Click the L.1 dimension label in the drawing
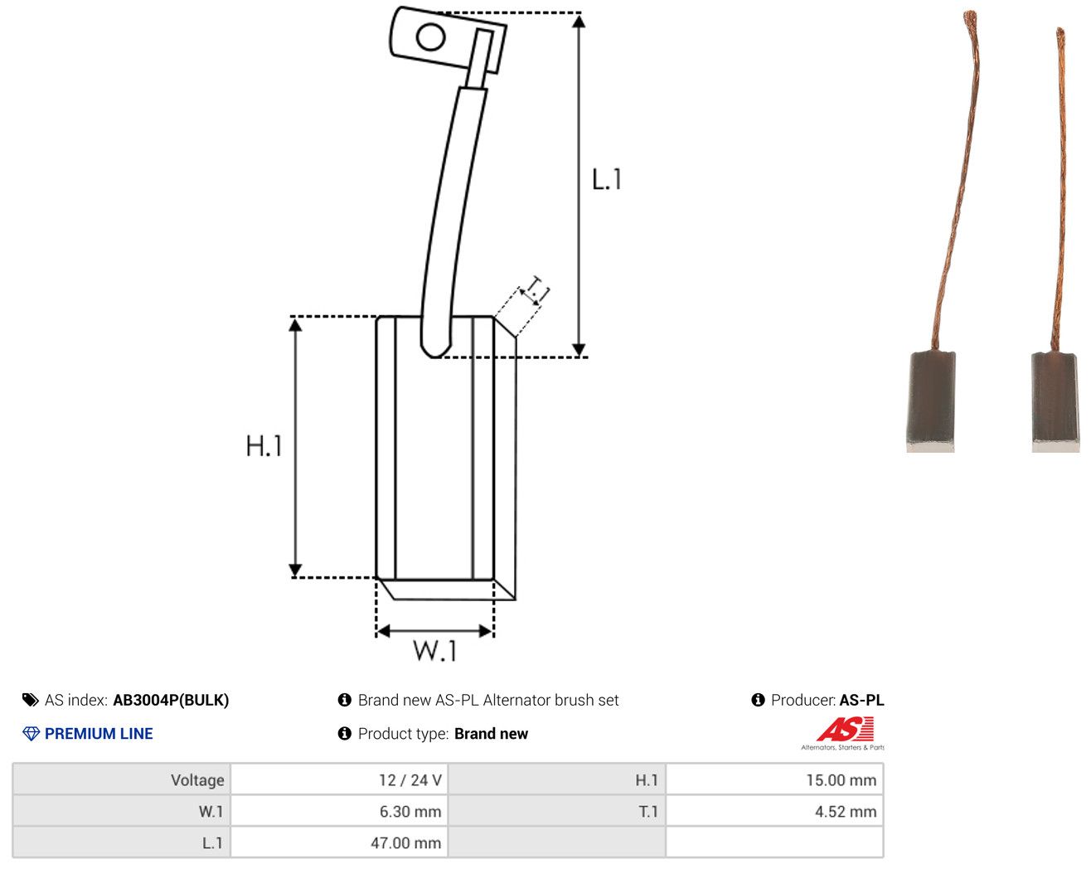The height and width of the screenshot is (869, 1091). click(x=606, y=179)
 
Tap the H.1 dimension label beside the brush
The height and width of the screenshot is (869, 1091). click(x=264, y=445)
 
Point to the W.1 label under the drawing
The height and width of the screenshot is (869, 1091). click(x=435, y=650)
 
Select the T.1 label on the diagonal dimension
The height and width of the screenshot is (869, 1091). click(x=536, y=289)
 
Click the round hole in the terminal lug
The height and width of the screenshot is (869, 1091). click(x=430, y=37)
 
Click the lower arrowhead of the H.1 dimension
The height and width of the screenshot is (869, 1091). click(x=295, y=570)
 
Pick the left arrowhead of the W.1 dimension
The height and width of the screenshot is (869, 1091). click(x=383, y=631)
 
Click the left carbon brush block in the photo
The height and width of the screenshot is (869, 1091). click(x=931, y=401)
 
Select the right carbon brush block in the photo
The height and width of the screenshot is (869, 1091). click(x=1055, y=401)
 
